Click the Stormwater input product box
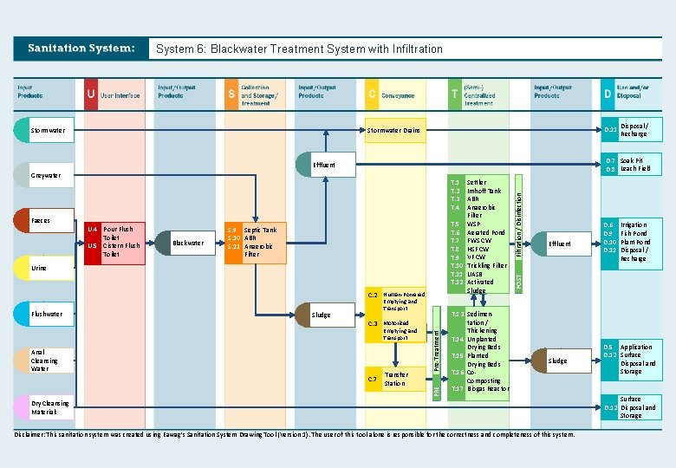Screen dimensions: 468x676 (48, 131)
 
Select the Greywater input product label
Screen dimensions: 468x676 (46, 175)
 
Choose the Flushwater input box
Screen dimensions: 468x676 (47, 314)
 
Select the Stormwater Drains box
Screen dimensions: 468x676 (393, 131)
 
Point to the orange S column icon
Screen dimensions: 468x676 (231, 94)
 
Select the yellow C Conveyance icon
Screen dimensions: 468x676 (371, 94)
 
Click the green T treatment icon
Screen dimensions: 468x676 (455, 94)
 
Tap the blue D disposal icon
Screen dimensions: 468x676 (608, 94)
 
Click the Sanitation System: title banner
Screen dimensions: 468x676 (81, 49)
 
